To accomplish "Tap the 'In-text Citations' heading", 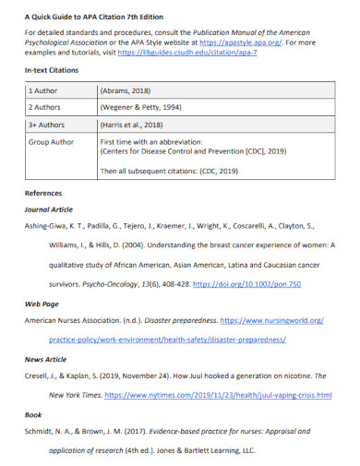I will pyautogui.click(x=52, y=70).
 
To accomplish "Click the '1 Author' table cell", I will pyautogui.click(x=43, y=92).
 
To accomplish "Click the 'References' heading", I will pyautogui.click(x=43, y=194).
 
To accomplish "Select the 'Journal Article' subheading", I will pyautogui.click(x=49, y=209).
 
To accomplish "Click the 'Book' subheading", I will pyautogui.click(x=32, y=414).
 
